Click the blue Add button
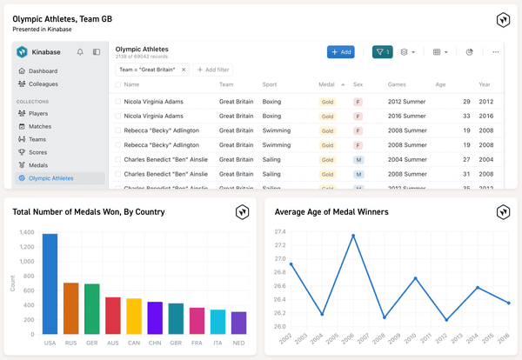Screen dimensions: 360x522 (x=340, y=52)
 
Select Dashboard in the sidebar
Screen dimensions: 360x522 (x=43, y=70)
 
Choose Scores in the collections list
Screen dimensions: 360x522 (x=37, y=152)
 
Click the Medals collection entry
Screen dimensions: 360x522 (x=38, y=165)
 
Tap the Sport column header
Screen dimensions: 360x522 (x=270, y=85)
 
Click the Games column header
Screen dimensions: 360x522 (x=397, y=85)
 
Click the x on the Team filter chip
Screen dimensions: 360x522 (x=184, y=70)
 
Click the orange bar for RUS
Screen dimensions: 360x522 (x=71, y=308)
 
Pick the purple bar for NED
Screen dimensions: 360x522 (x=238, y=323)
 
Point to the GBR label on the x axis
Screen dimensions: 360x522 (x=176, y=342)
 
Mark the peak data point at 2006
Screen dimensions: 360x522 (x=353, y=236)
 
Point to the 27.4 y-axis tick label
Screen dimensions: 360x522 (x=280, y=232)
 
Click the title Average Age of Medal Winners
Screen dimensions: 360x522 (x=331, y=211)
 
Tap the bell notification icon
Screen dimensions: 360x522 (x=81, y=52)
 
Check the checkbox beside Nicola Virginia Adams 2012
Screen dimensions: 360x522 (x=118, y=102)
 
